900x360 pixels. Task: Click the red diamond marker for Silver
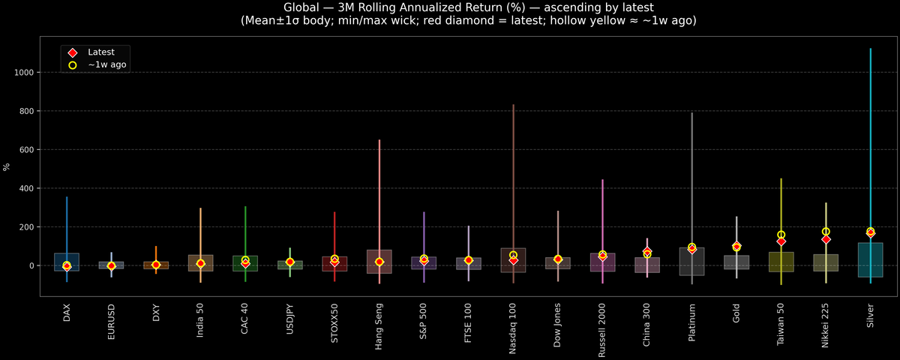tap(870, 233)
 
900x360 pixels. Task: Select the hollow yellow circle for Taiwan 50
tap(781, 235)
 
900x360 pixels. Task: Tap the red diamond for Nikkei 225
tap(826, 239)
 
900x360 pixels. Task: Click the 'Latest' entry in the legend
tap(100, 52)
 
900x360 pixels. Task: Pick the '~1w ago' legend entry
tap(106, 65)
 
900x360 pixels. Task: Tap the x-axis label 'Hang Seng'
tap(379, 327)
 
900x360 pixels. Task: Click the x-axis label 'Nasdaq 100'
tap(513, 330)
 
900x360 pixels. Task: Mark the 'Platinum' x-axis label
tap(691, 323)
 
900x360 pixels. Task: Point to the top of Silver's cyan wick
tap(870, 49)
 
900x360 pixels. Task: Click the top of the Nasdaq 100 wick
tap(513, 106)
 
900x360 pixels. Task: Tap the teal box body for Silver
tap(870, 259)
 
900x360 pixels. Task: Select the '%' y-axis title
tap(7, 167)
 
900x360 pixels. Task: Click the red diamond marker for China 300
tap(647, 251)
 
